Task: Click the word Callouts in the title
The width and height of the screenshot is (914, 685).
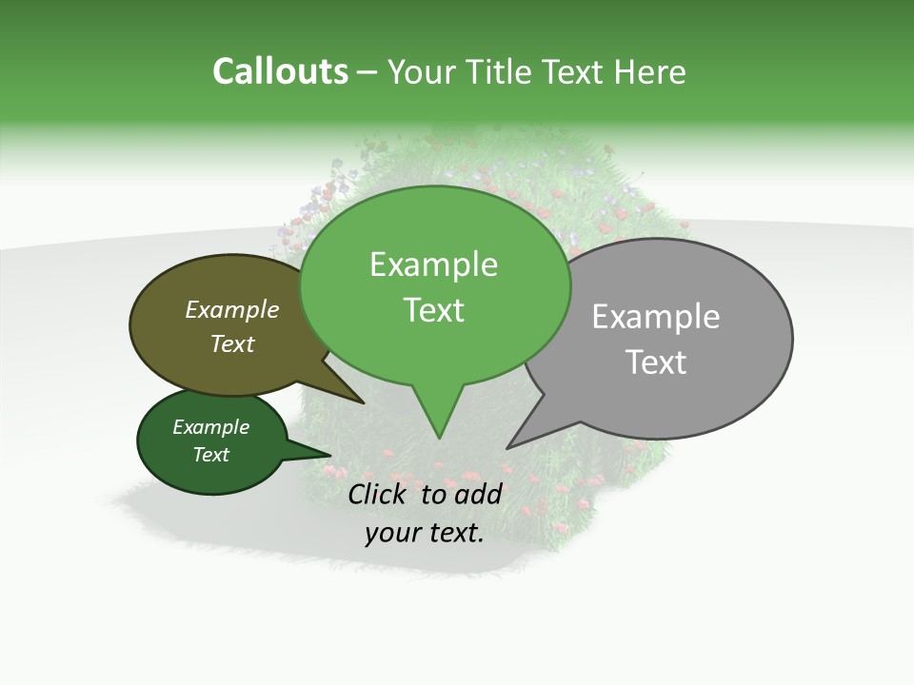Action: click(x=280, y=71)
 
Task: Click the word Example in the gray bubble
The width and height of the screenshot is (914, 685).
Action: click(x=655, y=317)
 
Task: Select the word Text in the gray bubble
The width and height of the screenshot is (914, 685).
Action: click(x=655, y=362)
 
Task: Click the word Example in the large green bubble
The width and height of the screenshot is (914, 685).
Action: click(x=433, y=264)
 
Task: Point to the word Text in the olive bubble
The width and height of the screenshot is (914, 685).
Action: click(x=232, y=344)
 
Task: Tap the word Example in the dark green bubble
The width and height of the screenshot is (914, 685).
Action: click(x=210, y=427)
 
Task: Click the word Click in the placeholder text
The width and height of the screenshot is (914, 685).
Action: click(x=379, y=494)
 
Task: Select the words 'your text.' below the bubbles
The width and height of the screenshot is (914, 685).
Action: click(x=424, y=533)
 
